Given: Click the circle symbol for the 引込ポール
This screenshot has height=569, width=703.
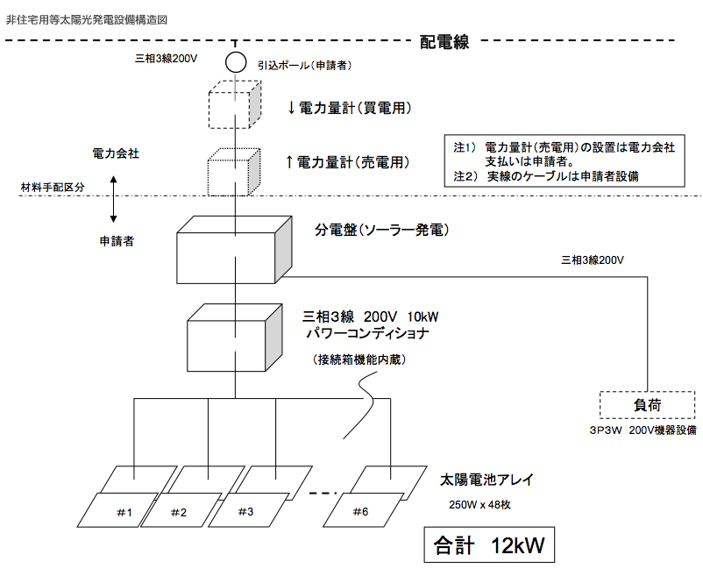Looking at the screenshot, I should click(235, 62).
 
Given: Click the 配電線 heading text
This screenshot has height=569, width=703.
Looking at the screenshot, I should click(445, 41).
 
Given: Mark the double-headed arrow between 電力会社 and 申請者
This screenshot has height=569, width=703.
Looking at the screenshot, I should click(114, 199).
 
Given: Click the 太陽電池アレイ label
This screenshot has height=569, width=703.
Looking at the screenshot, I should click(486, 480).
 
